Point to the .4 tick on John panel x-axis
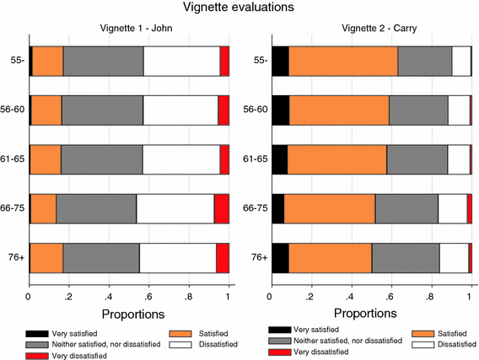coord(109,298)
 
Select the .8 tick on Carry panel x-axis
coord(430,298)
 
